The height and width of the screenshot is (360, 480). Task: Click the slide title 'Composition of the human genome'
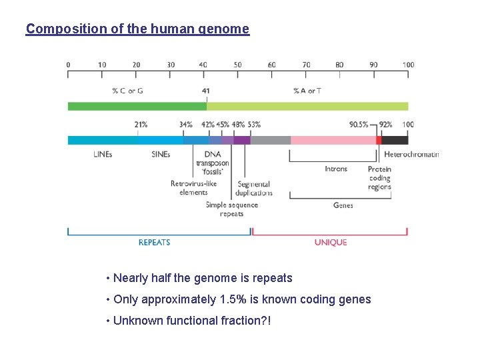pyautogui.click(x=137, y=29)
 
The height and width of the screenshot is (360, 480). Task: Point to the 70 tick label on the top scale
pyautogui.click(x=306, y=65)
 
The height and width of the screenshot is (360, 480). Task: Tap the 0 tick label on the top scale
pyautogui.click(x=68, y=65)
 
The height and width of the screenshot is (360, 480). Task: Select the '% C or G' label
pyautogui.click(x=127, y=91)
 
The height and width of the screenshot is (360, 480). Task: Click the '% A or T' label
pyautogui.click(x=307, y=91)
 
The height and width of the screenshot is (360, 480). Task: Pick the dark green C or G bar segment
pyautogui.click(x=137, y=106)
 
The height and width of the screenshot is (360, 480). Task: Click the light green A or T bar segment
pyautogui.click(x=307, y=106)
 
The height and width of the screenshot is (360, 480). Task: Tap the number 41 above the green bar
pyautogui.click(x=205, y=91)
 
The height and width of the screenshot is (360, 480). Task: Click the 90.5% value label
pyautogui.click(x=359, y=125)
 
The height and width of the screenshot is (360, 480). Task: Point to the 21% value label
pyautogui.click(x=141, y=125)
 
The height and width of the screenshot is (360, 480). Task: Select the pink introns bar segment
pyautogui.click(x=333, y=140)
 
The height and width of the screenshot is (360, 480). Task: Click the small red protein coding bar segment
pyautogui.click(x=379, y=140)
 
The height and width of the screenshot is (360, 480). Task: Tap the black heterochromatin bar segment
pyautogui.click(x=395, y=140)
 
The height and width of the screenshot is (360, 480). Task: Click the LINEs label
pyautogui.click(x=103, y=154)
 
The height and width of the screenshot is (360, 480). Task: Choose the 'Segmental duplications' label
pyautogui.click(x=254, y=189)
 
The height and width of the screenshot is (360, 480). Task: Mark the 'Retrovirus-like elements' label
pyautogui.click(x=193, y=188)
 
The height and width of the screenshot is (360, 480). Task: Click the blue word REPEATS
pyautogui.click(x=154, y=243)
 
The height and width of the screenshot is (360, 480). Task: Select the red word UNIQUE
pyautogui.click(x=331, y=243)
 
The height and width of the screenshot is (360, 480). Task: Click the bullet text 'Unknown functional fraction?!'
pyautogui.click(x=192, y=321)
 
